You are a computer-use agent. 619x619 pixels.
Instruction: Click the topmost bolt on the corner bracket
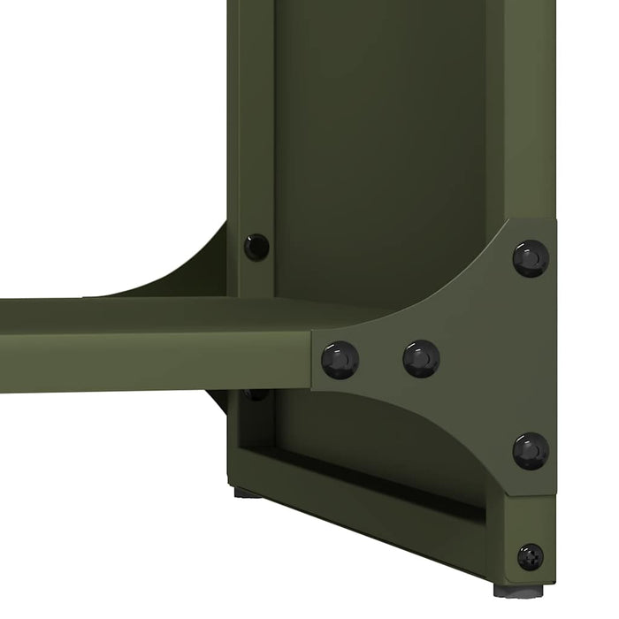[531, 258]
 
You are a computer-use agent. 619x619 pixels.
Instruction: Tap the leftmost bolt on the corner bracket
[340, 360]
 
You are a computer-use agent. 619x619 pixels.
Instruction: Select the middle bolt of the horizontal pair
[421, 358]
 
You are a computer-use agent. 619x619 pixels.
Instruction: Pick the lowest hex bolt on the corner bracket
[531, 451]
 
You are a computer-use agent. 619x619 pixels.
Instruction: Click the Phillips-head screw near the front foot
[531, 556]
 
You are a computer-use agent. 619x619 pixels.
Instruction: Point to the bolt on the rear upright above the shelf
[256, 247]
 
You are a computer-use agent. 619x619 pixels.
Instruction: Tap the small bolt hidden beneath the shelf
[256, 394]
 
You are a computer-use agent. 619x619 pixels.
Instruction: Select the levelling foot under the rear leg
[247, 492]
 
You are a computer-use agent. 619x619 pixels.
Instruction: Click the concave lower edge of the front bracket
[442, 424]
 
